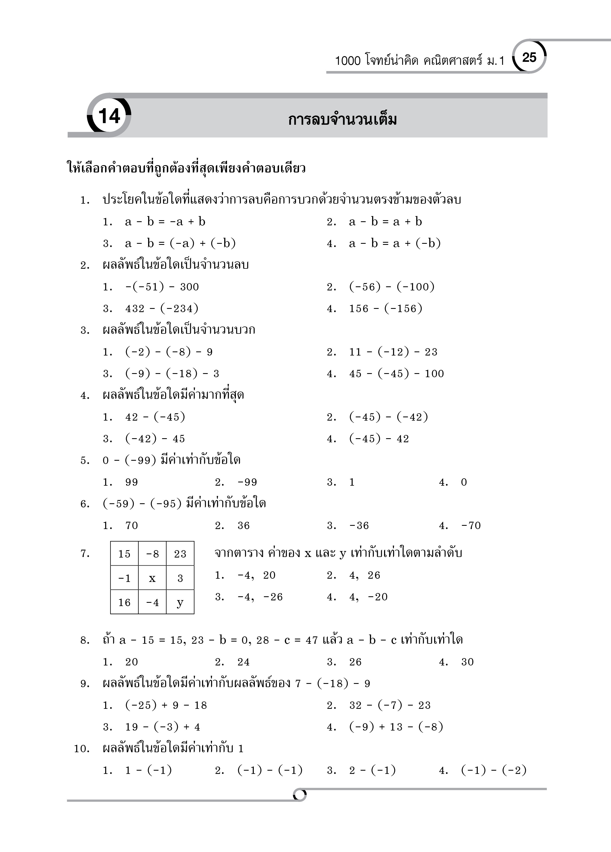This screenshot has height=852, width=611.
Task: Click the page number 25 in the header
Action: [x=529, y=57]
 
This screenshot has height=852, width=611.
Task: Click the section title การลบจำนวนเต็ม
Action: [x=342, y=120]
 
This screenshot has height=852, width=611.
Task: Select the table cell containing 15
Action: [x=124, y=554]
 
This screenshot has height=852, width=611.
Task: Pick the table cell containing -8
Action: [x=152, y=554]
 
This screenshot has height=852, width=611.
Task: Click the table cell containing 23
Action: [x=180, y=554]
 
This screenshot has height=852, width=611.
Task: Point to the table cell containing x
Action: [x=152, y=578]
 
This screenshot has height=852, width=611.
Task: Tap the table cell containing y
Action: [x=180, y=603]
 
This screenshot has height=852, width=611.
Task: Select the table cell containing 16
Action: [x=124, y=603]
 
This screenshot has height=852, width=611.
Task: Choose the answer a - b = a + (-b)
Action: [x=394, y=244]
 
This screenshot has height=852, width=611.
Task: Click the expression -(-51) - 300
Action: [x=162, y=287]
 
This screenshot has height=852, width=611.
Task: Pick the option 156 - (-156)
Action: [x=385, y=308]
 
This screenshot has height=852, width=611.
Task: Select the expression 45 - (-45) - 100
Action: [x=396, y=373]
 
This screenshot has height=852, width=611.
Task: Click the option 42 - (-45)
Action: [x=155, y=417]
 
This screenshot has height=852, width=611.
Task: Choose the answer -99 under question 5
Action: [x=247, y=482]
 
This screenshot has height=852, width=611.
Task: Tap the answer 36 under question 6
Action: [x=243, y=526]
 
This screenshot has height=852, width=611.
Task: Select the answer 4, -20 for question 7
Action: [x=368, y=597]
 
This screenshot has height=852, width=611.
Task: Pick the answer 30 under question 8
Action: [x=467, y=662]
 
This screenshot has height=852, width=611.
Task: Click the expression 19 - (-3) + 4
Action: [x=162, y=727]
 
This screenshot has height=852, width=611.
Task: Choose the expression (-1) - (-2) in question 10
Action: [x=493, y=770]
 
